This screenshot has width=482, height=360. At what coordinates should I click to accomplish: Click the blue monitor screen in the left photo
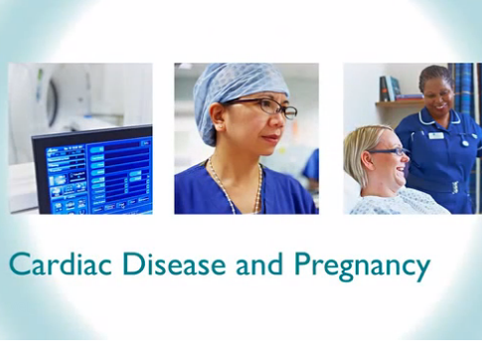coord(93,173)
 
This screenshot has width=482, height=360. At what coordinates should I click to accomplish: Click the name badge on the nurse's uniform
coord(435,135)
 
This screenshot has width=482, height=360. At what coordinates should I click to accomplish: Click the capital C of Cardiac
coord(17,266)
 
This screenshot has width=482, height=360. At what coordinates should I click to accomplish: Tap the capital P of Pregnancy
coord(303,266)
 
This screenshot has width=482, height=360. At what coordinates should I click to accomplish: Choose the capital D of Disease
coord(128,266)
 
